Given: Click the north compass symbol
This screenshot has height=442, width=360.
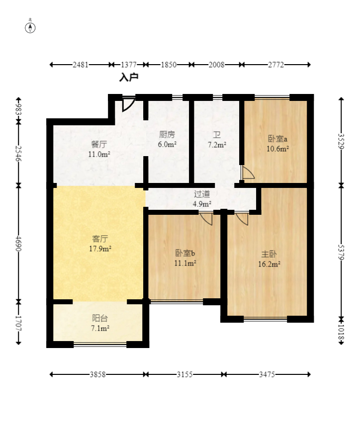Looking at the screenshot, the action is pos(30,28).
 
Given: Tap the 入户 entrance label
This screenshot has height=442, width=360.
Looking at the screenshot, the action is pos(129,77).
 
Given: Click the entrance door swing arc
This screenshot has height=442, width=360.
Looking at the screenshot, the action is pos(129,104).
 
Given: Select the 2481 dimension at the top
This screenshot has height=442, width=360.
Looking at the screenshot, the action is pos(81,65).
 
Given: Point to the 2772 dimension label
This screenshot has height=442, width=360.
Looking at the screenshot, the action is pos(276,65).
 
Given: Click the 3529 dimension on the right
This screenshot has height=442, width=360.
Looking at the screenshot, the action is pos(341,141).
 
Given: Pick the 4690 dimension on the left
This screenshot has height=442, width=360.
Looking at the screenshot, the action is pos(18,244).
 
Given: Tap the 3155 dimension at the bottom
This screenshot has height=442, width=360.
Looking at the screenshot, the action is pos(184,374).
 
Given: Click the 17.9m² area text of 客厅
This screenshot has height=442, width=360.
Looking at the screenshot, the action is pos(100,249).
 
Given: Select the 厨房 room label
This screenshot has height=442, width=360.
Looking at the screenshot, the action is pos(167,135).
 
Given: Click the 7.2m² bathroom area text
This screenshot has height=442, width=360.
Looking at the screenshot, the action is pos(217,145).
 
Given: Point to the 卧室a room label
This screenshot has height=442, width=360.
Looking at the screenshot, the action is pos(277,139).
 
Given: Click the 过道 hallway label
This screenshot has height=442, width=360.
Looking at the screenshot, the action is pos(202,194).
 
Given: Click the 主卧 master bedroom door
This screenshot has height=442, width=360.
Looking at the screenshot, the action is pos(242,219).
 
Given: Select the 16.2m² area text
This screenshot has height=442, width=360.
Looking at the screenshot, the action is pos(269,264).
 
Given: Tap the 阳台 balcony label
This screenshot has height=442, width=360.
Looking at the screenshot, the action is pos(100,318).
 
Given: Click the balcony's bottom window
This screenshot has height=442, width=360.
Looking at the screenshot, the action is pos(100,344).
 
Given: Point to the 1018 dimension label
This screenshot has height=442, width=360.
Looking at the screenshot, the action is pos(341,333).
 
